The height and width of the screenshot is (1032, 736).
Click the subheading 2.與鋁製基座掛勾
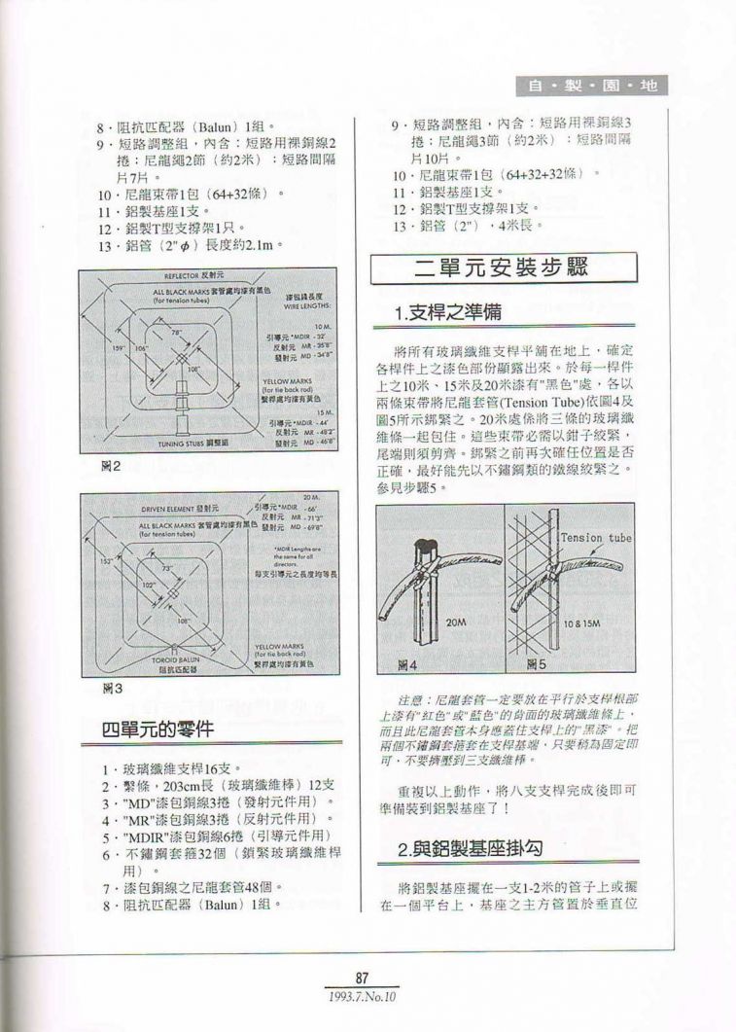coord(471,849)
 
